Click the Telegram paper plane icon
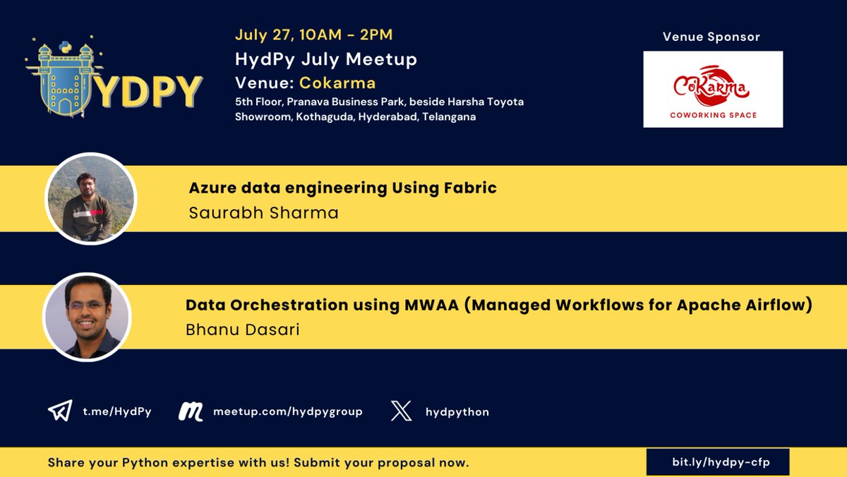pyautogui.click(x=60, y=411)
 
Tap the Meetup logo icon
pyautogui.click(x=191, y=411)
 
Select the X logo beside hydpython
pyautogui.click(x=401, y=411)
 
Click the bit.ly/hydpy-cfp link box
pyautogui.click(x=717, y=463)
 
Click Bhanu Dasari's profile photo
pyautogui.click(x=88, y=318)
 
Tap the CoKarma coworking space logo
pyautogui.click(x=713, y=89)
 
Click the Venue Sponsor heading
pyautogui.click(x=711, y=37)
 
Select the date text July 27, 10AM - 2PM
pyautogui.click(x=314, y=35)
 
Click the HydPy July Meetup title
pyautogui.click(x=326, y=59)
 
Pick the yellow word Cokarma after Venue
pyautogui.click(x=337, y=83)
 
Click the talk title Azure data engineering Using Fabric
pyautogui.click(x=343, y=188)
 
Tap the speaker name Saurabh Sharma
pyautogui.click(x=264, y=212)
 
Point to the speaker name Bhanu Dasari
pyautogui.click(x=243, y=330)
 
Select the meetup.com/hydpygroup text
pyautogui.click(x=288, y=411)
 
